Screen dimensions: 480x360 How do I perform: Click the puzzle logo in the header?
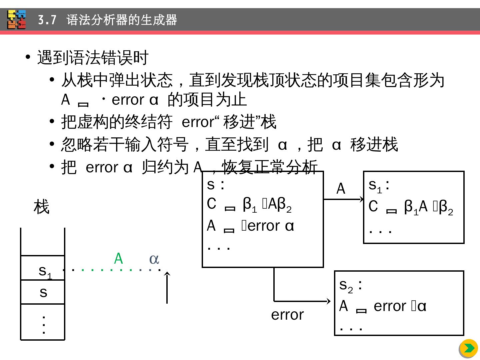point(17,19)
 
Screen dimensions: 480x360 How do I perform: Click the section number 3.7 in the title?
point(47,20)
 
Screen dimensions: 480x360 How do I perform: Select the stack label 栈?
point(41,207)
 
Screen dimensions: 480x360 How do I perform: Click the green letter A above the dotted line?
point(118,259)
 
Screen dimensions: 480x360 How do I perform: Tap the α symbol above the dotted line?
point(154,259)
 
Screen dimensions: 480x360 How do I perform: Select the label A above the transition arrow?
point(341,189)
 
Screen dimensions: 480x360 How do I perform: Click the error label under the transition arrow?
point(287,315)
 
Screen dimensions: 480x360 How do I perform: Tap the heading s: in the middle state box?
point(216,184)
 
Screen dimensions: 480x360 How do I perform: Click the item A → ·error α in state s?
point(250,226)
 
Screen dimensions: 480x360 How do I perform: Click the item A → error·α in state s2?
point(383,306)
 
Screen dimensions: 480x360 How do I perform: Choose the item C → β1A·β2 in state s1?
point(411,207)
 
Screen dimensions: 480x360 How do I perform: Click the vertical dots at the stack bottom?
point(43,324)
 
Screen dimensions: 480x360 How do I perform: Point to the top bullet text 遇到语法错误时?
point(93,58)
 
